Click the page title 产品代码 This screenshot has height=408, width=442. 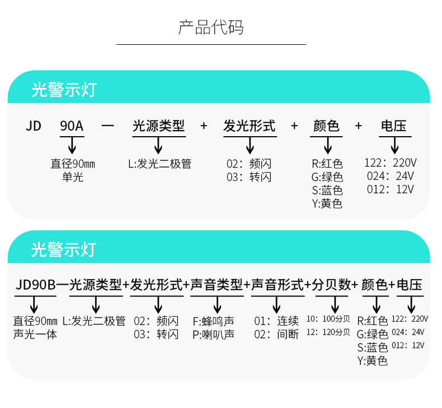pyautogui.click(x=211, y=27)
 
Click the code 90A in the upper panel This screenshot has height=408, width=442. pyautogui.click(x=72, y=126)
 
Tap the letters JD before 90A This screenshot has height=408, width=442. pyautogui.click(x=34, y=126)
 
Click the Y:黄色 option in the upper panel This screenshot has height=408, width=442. pyautogui.click(x=327, y=203)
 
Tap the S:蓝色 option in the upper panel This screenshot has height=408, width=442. pyautogui.click(x=327, y=191)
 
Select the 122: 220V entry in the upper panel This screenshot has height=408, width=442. pyautogui.click(x=391, y=163)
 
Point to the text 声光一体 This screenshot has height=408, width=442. pyautogui.click(x=35, y=335)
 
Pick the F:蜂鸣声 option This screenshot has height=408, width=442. pyautogui.click(x=213, y=321)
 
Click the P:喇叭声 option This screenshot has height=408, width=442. pyautogui.click(x=213, y=335)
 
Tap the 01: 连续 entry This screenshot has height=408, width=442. pyautogui.click(x=276, y=321)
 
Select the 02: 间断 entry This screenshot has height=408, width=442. pyautogui.click(x=276, y=335)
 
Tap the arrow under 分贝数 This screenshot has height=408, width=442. pyautogui.click(x=335, y=304)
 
